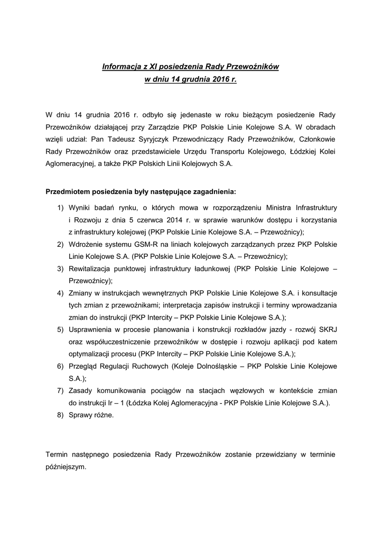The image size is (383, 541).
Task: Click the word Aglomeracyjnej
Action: (x=70, y=164)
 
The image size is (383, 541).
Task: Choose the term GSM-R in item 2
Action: (x=144, y=244)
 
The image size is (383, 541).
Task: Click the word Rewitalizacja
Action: (x=93, y=268)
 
